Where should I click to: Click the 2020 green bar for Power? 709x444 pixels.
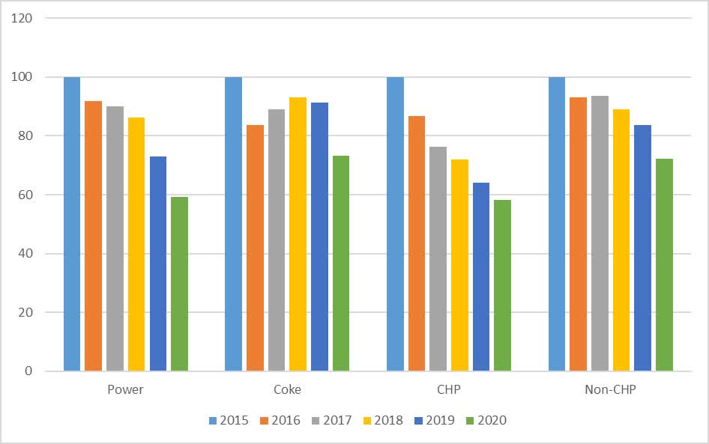tap(179, 284)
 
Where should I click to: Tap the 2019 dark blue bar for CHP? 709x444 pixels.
tap(480, 277)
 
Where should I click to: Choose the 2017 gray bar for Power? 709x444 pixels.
tap(115, 239)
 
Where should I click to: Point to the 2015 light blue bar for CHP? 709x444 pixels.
tap(395, 224)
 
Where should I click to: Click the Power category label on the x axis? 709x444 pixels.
tap(125, 390)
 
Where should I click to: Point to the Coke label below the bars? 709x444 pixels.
tap(287, 390)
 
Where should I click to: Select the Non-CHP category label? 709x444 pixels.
tap(610, 390)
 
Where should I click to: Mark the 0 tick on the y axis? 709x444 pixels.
tap(29, 371)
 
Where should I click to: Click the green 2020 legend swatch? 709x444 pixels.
tap(469, 421)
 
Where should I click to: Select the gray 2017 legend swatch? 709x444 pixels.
tap(314, 421)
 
